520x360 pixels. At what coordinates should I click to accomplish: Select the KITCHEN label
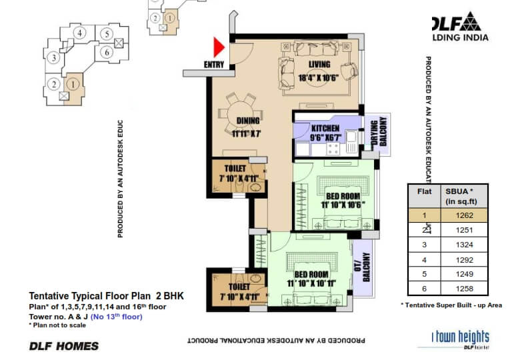tap(325, 128)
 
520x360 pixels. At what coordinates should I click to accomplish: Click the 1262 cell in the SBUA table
tap(464, 215)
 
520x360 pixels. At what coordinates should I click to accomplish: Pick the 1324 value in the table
tap(464, 245)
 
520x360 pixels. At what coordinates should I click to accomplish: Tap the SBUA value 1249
tap(464, 274)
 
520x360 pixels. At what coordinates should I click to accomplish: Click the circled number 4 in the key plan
tap(79, 33)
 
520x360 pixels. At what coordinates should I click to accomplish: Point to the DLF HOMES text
tap(64, 345)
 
